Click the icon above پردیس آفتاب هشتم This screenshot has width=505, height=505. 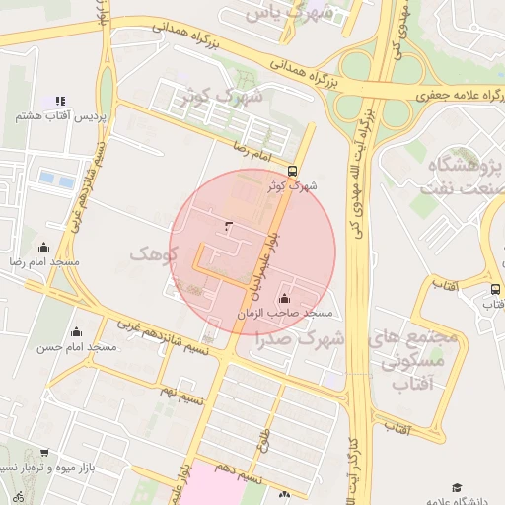pos(60,101)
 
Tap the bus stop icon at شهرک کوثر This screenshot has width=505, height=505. pos(291,170)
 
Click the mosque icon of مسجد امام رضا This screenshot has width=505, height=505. pos(43,247)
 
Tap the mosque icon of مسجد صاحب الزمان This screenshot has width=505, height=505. pos(285,298)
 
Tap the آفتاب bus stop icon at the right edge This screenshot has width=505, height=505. pos(494,288)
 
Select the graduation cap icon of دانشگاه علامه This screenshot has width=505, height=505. pos(457,487)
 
